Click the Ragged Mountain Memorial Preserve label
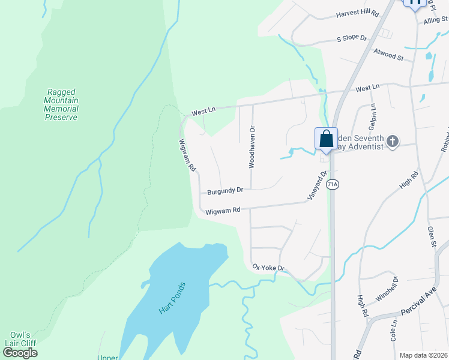tap(62, 104)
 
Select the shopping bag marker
tap(326, 139)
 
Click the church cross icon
tap(393, 142)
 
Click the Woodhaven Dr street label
tap(253, 146)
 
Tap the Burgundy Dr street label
tap(225, 190)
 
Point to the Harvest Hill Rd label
tap(358, 13)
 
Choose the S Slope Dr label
tap(352, 37)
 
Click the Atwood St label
tap(388, 55)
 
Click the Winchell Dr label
tap(387, 289)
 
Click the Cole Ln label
tap(394, 330)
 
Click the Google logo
tap(20, 353)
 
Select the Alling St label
tap(436, 20)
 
